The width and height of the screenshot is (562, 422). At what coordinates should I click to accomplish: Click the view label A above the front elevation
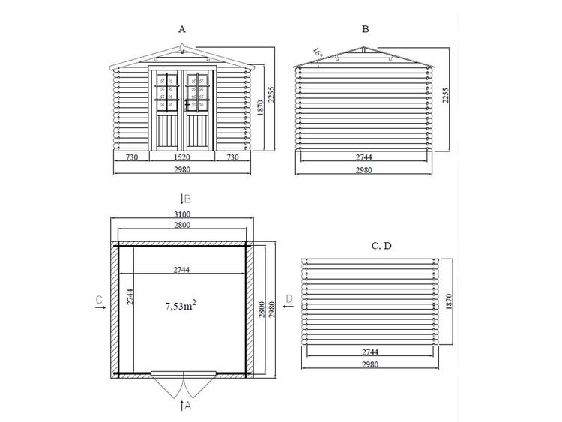pos(182,29)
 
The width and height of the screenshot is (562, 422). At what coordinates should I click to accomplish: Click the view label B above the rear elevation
pos(366,29)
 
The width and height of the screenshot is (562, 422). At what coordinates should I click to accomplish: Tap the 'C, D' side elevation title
pos(381,246)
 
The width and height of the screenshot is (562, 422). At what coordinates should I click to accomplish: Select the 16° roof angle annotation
pos(318,53)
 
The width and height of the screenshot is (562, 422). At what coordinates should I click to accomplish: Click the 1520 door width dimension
pos(182,157)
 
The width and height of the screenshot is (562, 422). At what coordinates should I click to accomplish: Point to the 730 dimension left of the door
pos(132,157)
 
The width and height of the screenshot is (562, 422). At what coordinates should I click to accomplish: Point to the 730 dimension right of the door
pos(232,157)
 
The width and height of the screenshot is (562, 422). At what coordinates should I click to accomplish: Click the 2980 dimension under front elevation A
pos(182,169)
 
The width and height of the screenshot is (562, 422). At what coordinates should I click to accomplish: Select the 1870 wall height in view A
pos(261,107)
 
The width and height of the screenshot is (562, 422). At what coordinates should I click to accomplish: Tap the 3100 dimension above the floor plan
pos(182,214)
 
